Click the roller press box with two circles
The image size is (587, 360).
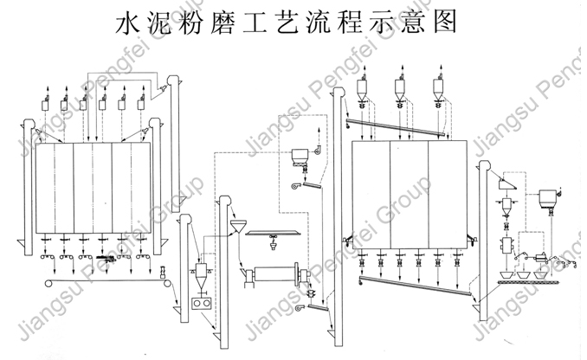201,305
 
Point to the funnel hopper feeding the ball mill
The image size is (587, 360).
235,228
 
